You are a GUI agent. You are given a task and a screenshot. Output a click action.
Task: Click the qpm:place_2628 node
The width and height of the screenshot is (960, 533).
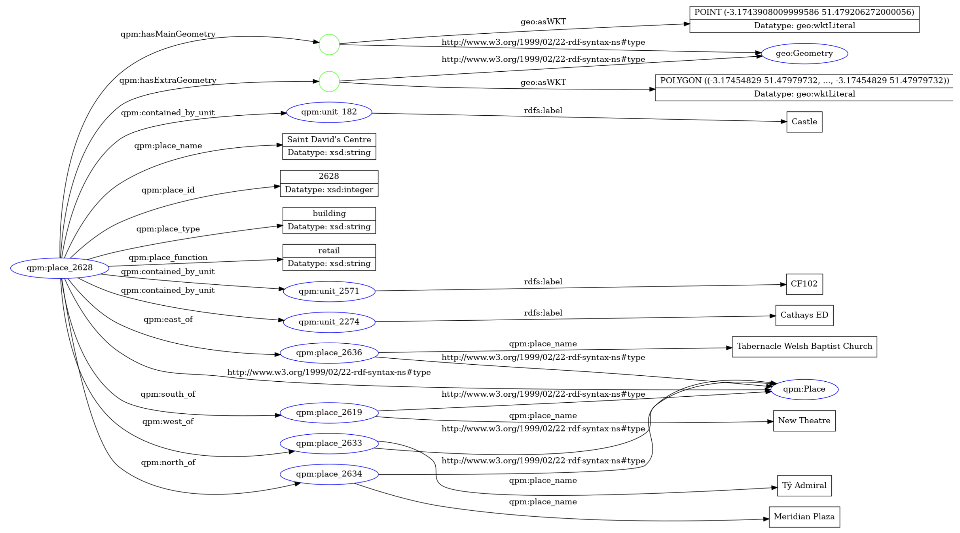60,268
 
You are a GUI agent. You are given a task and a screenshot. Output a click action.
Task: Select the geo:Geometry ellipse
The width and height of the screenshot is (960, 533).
804,54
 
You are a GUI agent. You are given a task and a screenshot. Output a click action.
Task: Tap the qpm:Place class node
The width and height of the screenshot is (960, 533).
804,389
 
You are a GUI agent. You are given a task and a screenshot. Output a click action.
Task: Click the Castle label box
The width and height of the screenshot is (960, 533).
804,122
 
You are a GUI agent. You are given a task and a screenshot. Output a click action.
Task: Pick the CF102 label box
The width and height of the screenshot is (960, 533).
804,284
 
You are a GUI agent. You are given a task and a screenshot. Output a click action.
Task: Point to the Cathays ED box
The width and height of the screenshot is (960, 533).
804,316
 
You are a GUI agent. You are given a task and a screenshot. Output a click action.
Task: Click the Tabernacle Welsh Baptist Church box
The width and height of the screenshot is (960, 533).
804,347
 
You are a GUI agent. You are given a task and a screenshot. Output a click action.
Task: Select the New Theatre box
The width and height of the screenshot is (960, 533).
804,421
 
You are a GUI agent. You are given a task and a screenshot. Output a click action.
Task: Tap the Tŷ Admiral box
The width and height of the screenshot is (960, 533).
804,486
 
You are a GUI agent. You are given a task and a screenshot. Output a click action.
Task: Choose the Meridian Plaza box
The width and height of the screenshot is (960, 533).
804,517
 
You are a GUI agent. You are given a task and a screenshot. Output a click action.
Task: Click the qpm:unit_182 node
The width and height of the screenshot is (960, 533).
329,112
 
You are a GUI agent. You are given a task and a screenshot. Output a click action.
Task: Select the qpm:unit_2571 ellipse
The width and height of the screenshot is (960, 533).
329,291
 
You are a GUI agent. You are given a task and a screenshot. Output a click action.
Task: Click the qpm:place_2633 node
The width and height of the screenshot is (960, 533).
329,443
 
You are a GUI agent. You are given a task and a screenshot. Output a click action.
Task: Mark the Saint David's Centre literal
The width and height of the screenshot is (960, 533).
329,140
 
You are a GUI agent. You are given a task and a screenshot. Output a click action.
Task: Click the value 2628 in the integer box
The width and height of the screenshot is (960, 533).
329,177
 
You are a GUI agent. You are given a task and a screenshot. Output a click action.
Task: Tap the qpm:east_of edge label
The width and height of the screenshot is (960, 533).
168,319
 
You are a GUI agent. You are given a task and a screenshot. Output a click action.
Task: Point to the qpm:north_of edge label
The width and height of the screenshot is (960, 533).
168,463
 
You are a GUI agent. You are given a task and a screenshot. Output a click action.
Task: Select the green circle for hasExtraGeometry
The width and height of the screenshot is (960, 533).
329,82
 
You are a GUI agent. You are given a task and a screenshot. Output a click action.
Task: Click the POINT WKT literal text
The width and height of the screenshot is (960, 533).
804,12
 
